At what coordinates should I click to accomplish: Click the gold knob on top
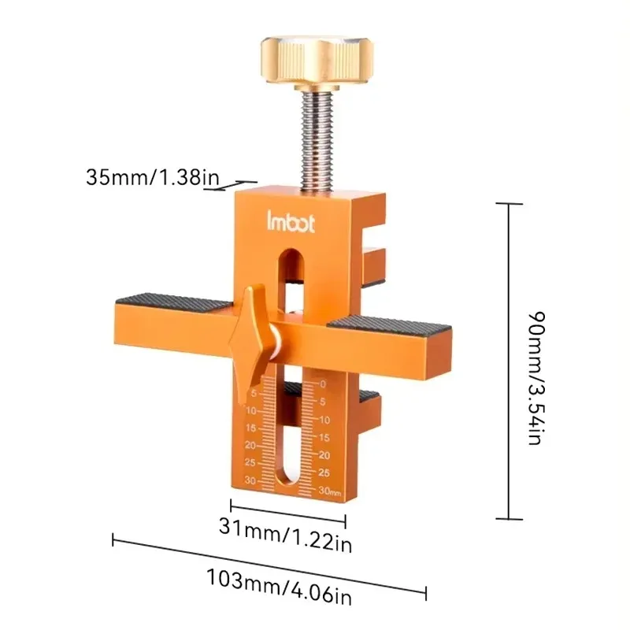click(317, 61)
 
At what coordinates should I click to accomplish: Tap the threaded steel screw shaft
click(317, 141)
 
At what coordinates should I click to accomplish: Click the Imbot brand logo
click(291, 221)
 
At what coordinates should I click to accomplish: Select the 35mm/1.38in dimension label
click(153, 176)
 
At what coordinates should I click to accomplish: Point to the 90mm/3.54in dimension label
click(536, 378)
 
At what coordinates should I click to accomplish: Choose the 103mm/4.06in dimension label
click(279, 586)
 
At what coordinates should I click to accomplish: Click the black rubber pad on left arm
click(173, 302)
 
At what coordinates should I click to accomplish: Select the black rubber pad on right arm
click(389, 324)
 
